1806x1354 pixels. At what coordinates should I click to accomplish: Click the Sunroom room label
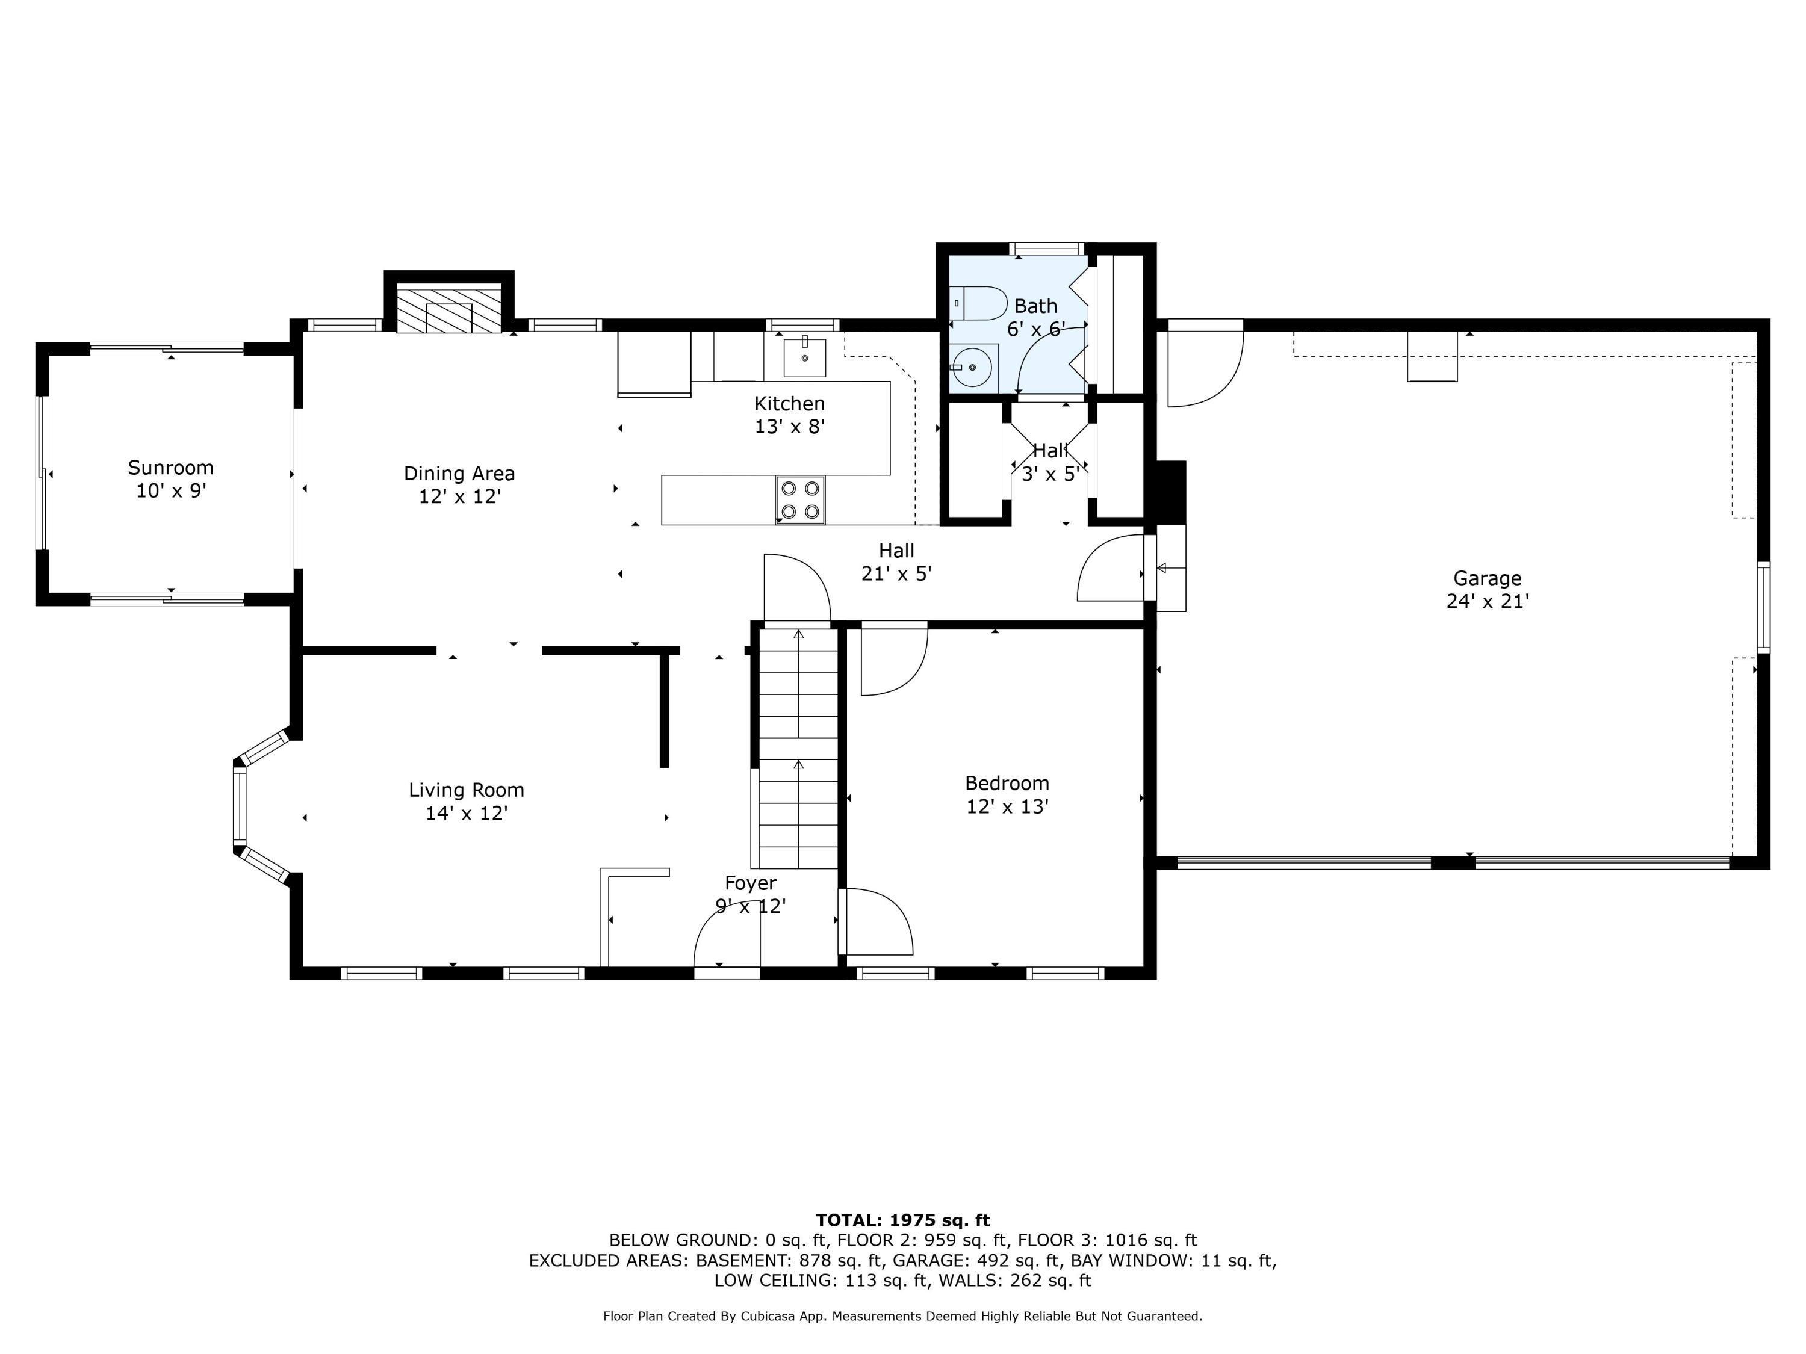point(170,468)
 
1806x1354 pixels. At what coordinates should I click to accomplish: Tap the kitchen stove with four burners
point(800,500)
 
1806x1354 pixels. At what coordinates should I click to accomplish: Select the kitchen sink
point(804,357)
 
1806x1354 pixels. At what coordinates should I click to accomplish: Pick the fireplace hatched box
point(448,309)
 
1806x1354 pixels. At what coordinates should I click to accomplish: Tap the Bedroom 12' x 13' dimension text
point(1008,806)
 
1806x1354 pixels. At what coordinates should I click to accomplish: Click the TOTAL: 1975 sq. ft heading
point(902,1220)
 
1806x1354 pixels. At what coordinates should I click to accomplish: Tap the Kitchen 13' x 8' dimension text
point(789,426)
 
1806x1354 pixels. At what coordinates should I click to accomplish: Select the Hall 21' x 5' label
point(896,562)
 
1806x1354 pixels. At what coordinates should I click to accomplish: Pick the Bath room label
point(1035,306)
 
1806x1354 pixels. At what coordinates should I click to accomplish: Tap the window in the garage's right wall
point(1763,607)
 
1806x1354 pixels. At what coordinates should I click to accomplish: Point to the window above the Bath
point(1046,248)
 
